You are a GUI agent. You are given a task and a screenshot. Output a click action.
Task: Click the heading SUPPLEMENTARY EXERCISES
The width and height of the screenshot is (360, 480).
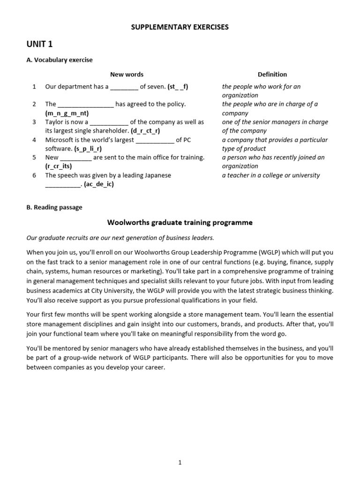[180, 27]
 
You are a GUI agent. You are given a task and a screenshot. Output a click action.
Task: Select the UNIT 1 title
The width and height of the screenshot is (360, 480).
[40, 45]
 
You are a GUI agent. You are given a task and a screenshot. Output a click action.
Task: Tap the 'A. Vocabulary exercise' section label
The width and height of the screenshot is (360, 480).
[60, 60]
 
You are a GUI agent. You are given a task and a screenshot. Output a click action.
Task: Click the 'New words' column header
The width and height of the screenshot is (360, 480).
[127, 74]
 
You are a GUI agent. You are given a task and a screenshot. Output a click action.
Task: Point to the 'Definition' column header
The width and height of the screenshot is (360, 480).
[272, 74]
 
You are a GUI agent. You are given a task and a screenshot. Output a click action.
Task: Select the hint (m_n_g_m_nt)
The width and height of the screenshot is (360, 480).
[67, 113]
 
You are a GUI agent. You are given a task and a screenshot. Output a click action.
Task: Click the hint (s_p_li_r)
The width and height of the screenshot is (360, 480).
[88, 149]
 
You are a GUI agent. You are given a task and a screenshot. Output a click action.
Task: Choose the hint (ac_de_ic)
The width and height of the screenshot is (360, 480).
[99, 184]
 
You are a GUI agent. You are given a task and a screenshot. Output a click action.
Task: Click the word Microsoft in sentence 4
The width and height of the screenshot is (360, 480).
[60, 140]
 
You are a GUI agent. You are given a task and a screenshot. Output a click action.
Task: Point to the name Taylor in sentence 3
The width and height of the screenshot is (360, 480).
[54, 122]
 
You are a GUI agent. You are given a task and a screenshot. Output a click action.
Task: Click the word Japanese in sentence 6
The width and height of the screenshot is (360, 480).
[154, 175]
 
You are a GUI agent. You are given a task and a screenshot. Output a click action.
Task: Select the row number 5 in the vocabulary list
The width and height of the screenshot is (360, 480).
[34, 157]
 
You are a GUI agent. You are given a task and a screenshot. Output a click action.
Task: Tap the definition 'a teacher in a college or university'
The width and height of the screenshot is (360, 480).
[271, 175]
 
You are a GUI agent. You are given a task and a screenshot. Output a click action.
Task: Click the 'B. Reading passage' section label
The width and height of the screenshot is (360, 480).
[54, 207]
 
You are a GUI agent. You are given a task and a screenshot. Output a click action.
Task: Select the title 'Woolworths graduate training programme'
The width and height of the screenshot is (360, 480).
[180, 223]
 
